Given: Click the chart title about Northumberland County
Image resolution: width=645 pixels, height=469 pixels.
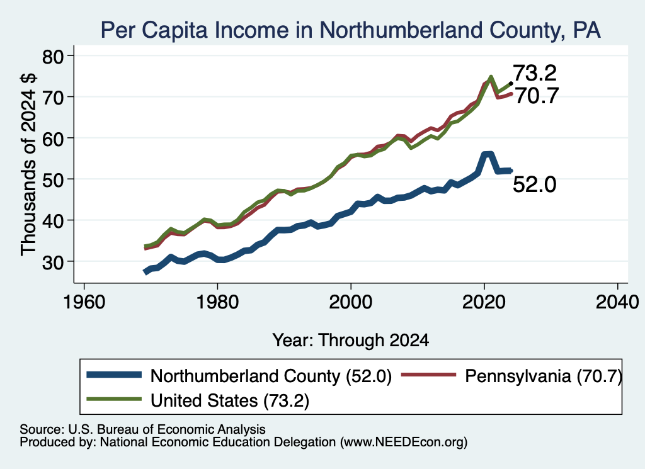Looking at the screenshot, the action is coord(350,30).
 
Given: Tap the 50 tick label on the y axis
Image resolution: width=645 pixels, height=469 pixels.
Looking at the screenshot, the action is coord(53,179).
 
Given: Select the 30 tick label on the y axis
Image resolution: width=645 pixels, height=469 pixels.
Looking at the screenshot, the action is coord(53,262).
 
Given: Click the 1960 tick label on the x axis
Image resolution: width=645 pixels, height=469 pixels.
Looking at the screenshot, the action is coord(84,302).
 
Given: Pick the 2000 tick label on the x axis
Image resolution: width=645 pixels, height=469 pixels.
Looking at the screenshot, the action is coord(351,302).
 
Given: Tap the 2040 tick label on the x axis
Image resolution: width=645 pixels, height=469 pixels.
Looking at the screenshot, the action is coord(617,302).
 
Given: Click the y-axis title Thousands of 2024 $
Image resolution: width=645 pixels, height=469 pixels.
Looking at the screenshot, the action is coord(28,164).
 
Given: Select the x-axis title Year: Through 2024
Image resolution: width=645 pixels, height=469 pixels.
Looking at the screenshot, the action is coord(350,341).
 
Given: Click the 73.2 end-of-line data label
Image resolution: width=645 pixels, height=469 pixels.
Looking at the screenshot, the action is coord(535,73).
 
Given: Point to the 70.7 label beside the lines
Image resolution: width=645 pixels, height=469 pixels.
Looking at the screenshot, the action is coord(537,96).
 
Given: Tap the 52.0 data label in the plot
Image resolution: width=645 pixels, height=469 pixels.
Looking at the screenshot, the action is coord(534,184).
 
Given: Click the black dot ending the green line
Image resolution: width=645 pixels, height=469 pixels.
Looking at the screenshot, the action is coord(511,84).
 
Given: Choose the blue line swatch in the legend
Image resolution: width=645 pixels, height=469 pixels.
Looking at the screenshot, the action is coord(114,375).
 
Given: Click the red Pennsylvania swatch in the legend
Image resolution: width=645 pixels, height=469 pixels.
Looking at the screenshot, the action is coord(428,375).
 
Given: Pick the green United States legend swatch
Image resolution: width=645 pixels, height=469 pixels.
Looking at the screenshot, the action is coord(114,399).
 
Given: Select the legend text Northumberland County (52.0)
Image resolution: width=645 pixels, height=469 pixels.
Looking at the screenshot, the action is coord(271,376).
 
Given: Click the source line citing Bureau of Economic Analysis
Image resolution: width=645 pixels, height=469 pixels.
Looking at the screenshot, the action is coord(142,429).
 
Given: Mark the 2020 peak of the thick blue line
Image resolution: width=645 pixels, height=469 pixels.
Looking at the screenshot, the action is coord(488,154).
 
